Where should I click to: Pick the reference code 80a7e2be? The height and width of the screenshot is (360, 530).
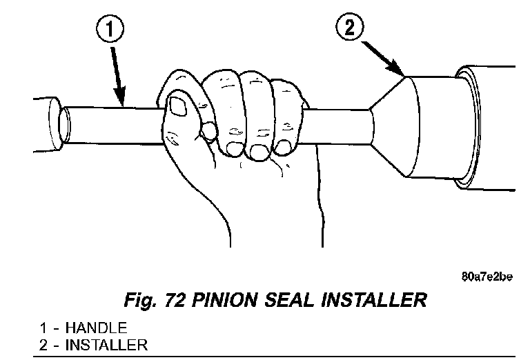coord(488,277)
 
